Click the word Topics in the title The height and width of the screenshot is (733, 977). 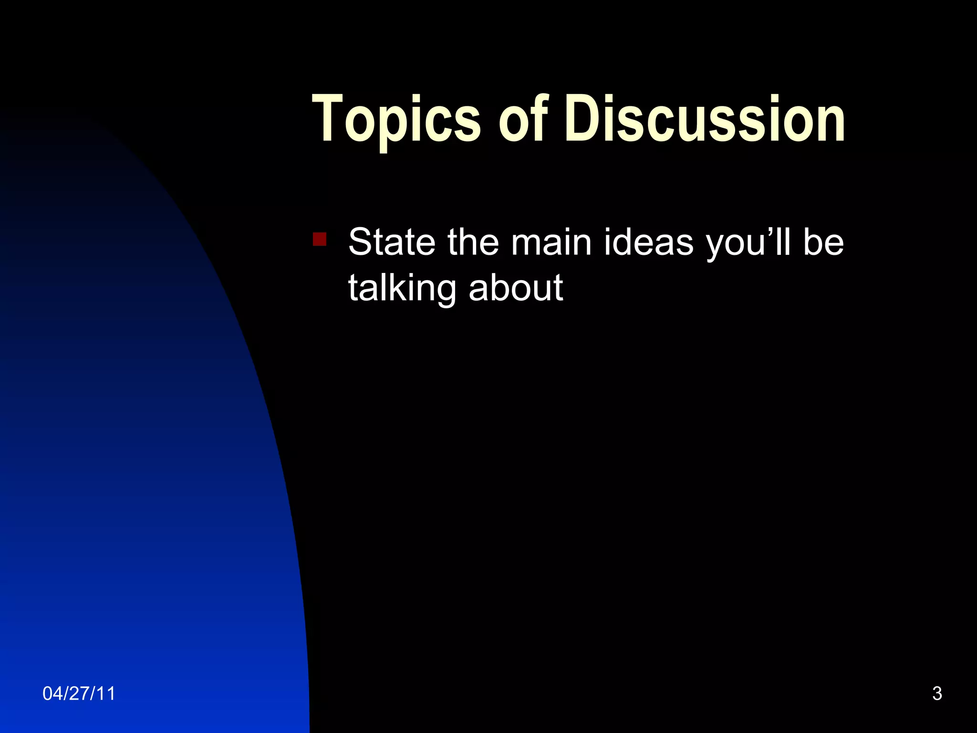pyautogui.click(x=396, y=119)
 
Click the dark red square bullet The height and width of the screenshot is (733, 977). pyautogui.click(x=320, y=239)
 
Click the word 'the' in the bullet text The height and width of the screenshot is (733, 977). pyautogui.click(x=473, y=242)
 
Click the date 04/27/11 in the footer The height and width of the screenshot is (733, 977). pyautogui.click(x=79, y=693)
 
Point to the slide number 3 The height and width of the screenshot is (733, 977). pyautogui.click(x=937, y=693)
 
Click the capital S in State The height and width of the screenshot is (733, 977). pyautogui.click(x=360, y=242)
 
